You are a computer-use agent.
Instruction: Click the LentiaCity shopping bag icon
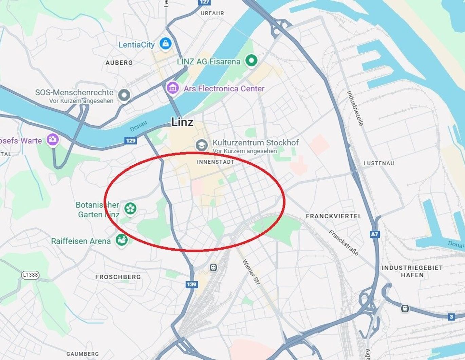pyautogui.click(x=165, y=43)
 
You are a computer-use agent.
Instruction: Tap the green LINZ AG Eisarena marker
pyautogui.click(x=251, y=61)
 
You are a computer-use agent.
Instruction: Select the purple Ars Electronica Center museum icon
pyautogui.click(x=173, y=88)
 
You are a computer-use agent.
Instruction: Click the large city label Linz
pyautogui.click(x=182, y=122)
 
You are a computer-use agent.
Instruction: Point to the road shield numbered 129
pyautogui.click(x=131, y=141)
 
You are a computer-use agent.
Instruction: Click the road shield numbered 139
pyautogui.click(x=191, y=284)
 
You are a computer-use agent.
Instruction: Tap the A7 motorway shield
pyautogui.click(x=374, y=234)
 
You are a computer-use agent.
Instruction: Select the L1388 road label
pyautogui.click(x=30, y=275)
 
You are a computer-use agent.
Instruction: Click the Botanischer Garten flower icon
pyautogui.click(x=130, y=208)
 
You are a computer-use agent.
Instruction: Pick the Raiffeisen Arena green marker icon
pyautogui.click(x=122, y=240)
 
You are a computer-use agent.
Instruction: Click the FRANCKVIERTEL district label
pyautogui.click(x=334, y=216)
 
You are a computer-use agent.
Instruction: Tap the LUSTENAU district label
pyautogui.click(x=379, y=163)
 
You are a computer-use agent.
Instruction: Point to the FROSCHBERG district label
pyautogui.click(x=118, y=277)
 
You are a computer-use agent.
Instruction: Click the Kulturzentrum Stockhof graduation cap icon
pyautogui.click(x=202, y=145)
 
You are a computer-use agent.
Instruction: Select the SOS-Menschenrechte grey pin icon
pyautogui.click(x=124, y=95)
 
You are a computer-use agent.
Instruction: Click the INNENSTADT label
pyautogui.click(x=216, y=162)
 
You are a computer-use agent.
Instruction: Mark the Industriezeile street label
pyautogui.click(x=355, y=108)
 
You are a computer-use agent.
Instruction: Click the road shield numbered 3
pyautogui.click(x=451, y=317)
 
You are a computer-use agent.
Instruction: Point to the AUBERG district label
pyautogui.click(x=119, y=63)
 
